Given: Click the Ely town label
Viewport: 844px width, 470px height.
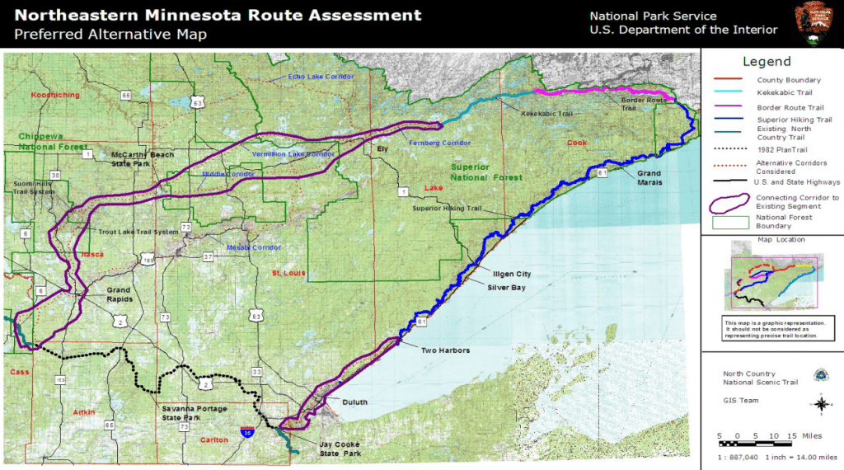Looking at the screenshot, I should click(x=382, y=149).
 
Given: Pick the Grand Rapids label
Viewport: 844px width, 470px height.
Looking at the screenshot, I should click(x=119, y=294).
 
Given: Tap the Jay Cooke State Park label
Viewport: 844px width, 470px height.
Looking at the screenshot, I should click(x=340, y=449).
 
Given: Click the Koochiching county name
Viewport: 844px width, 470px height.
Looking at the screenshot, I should click(x=55, y=95).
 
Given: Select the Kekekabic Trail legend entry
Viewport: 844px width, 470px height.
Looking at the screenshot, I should click(x=779, y=94).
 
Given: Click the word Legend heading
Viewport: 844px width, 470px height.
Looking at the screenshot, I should click(x=767, y=62).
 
